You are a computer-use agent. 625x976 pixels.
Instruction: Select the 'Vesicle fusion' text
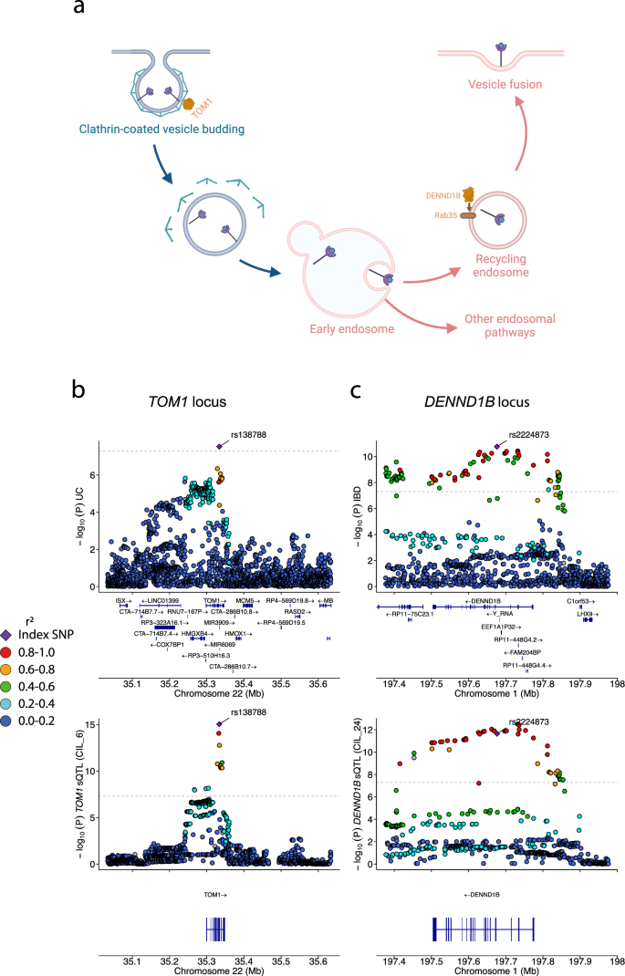coord(502,84)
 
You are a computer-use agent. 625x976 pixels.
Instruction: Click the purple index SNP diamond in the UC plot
coord(219,446)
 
